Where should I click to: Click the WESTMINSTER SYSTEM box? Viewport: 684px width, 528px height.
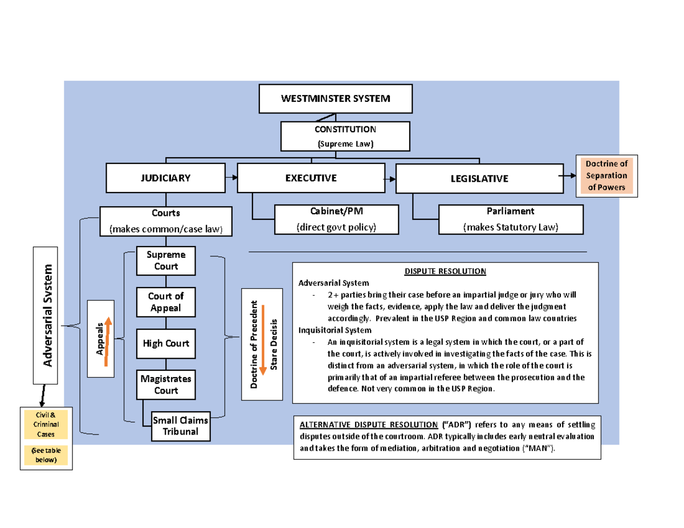click(x=335, y=99)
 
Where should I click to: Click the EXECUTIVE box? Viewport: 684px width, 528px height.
click(x=310, y=178)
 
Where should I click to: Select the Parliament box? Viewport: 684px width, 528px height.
click(x=511, y=219)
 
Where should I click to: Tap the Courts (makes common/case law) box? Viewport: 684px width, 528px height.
click(x=166, y=221)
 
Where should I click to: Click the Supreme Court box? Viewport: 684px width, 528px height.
click(x=166, y=261)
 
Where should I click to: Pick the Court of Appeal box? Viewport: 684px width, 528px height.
click(x=166, y=302)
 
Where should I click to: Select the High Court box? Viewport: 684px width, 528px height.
click(x=166, y=343)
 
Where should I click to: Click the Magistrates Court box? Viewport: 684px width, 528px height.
click(x=166, y=384)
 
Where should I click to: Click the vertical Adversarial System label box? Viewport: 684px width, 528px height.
click(x=48, y=316)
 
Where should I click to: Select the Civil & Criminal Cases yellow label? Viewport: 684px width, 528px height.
click(x=44, y=425)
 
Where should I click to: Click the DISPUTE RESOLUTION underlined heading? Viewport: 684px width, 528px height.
click(x=445, y=271)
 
